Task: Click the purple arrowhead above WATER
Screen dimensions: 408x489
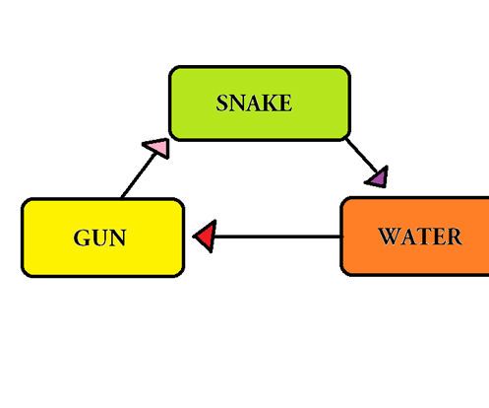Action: [377, 177]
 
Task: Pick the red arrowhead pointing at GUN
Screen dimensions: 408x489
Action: [205, 237]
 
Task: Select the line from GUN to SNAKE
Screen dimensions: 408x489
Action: [136, 177]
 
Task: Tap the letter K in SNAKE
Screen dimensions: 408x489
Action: [270, 102]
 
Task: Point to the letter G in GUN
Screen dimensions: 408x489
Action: [82, 238]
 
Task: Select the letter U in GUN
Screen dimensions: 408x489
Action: [99, 238]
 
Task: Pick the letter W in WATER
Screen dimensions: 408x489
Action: [389, 237]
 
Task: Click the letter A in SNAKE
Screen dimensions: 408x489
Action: [254, 102]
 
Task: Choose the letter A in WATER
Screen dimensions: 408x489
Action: [407, 237]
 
